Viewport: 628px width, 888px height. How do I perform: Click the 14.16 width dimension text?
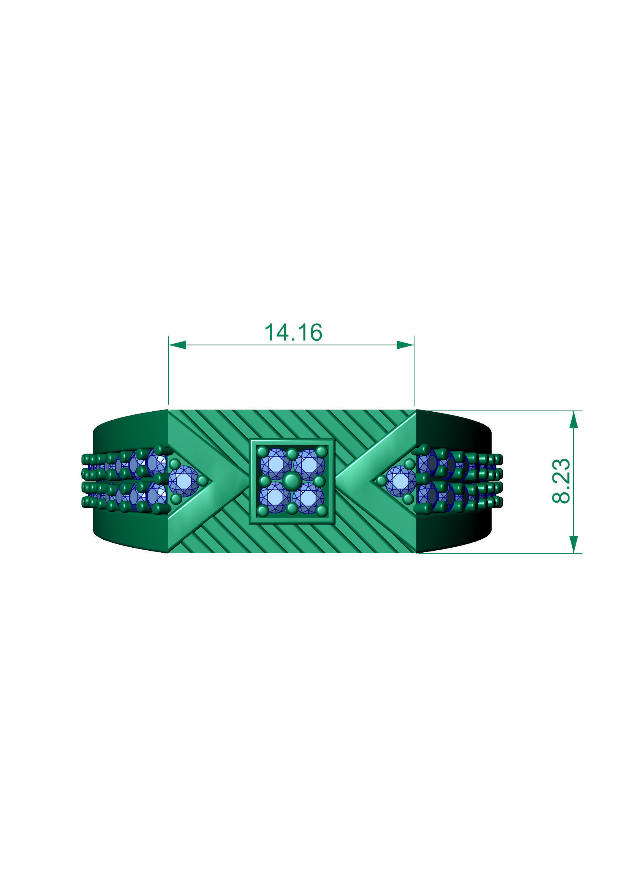point(293,333)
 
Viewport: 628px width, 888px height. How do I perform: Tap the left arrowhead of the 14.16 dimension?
point(177,344)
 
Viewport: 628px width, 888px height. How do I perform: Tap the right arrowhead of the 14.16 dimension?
point(405,344)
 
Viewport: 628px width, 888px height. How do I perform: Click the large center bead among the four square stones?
point(291,481)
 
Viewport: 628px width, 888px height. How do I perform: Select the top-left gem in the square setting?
point(275,464)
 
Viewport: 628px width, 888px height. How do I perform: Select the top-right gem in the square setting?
point(308,464)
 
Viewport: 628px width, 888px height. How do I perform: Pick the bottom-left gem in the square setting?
point(275,498)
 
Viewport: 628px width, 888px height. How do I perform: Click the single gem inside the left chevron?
point(184,481)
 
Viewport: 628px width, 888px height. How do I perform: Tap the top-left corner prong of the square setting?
point(263,451)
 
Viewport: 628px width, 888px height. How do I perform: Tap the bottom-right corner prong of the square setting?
point(321,511)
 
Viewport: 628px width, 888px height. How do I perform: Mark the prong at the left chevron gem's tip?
point(202,481)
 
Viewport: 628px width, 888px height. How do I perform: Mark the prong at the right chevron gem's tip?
point(381,481)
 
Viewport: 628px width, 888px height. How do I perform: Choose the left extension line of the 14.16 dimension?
point(168,371)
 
